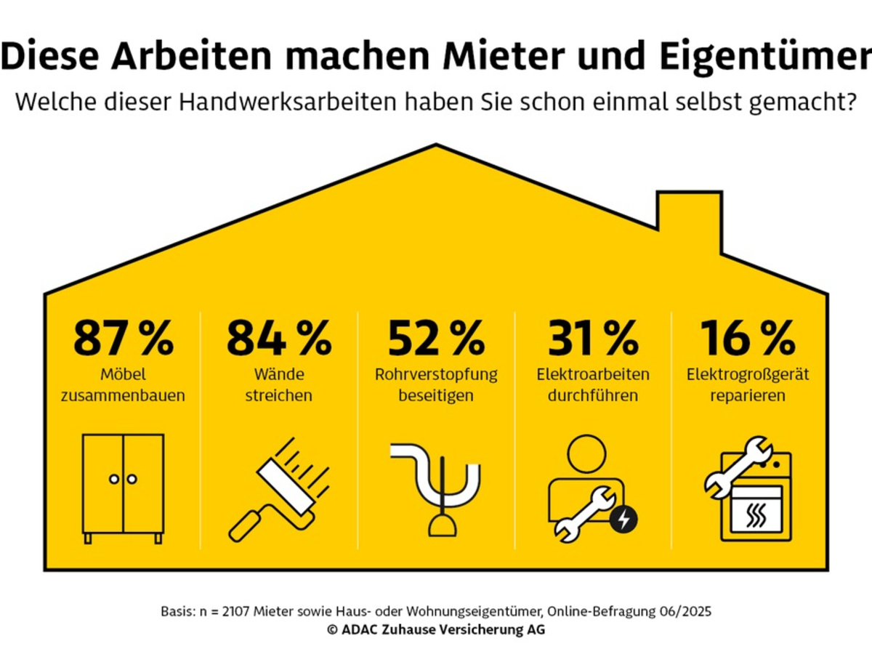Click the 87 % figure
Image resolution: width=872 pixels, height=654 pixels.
pyautogui.click(x=124, y=338)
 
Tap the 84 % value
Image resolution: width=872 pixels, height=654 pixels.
pyautogui.click(x=279, y=338)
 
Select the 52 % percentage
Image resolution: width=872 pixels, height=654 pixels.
pyautogui.click(x=436, y=338)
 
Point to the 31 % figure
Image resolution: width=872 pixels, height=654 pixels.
pyautogui.click(x=592, y=338)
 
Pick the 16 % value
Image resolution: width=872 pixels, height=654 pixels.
pyautogui.click(x=748, y=338)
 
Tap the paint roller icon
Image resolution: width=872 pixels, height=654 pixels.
pyautogui.click(x=280, y=488)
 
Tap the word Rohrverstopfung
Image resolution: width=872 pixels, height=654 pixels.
pyautogui.click(x=436, y=375)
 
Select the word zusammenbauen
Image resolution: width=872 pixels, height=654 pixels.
pyautogui.click(x=124, y=396)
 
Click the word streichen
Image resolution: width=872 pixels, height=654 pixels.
pyautogui.click(x=280, y=396)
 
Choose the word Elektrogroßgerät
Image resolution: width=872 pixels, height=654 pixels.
pyautogui.click(x=748, y=375)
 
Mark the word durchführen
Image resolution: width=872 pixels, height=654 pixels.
pyautogui.click(x=592, y=396)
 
